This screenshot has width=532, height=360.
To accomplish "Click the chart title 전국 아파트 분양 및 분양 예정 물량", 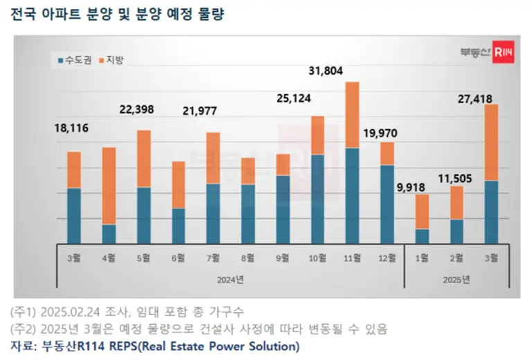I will click(x=117, y=15).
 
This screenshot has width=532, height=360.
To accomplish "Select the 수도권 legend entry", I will click(x=77, y=60).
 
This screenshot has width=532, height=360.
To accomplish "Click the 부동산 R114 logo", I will click(x=487, y=55).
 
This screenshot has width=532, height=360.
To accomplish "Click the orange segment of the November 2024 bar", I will click(x=352, y=115).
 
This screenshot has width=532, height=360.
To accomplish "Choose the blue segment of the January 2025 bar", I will click(x=422, y=235).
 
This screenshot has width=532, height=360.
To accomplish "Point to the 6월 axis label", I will click(x=178, y=258).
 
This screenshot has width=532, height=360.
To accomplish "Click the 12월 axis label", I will click(x=387, y=258).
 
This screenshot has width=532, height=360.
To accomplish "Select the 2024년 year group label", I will click(x=230, y=279).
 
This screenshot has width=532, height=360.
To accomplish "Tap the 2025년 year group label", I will click(x=456, y=279).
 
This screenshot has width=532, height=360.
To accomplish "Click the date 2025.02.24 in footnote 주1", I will click(x=66, y=312).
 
